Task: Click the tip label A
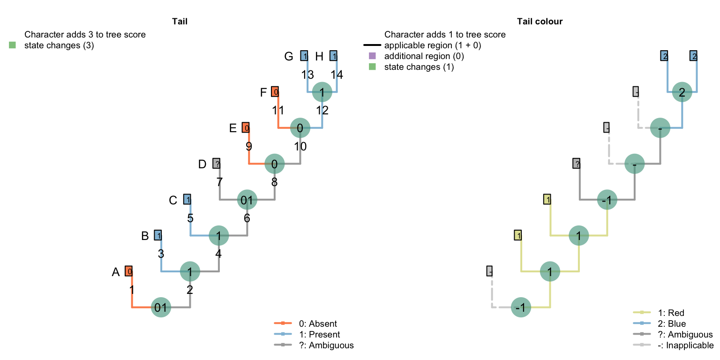pyautogui.click(x=116, y=272)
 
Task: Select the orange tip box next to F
pyautogui.click(x=275, y=92)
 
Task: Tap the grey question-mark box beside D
pyautogui.click(x=216, y=164)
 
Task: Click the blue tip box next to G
pyautogui.click(x=304, y=56)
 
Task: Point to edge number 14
pyautogui.click(x=337, y=75)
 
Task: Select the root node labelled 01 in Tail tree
pyautogui.click(x=161, y=307)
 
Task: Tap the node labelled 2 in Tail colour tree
pyautogui.click(x=682, y=92)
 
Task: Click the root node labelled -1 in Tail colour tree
pyautogui.click(x=520, y=307)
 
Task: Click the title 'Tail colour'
pyautogui.click(x=540, y=21)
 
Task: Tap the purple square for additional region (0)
pyautogui.click(x=372, y=56)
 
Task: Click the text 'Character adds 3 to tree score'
pyautogui.click(x=85, y=35)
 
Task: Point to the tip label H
pyautogui.click(x=319, y=57)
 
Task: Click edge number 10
pyautogui.click(x=300, y=146)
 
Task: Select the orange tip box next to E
pyautogui.click(x=246, y=127)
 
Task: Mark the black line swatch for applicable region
pyautogui.click(x=372, y=45)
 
